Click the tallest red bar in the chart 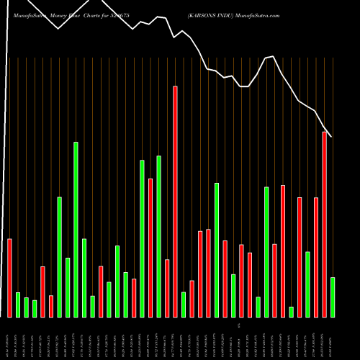pyautogui.click(x=175, y=202)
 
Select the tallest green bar pyautogui.click(x=76, y=230)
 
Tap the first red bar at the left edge pyautogui.click(x=10, y=278)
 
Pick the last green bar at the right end pyautogui.click(x=333, y=297)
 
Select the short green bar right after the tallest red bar pyautogui.click(x=184, y=305)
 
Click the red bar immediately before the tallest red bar pyautogui.click(x=167, y=288)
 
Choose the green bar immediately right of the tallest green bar pyautogui.click(x=84, y=278)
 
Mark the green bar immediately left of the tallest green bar pyautogui.click(x=68, y=287)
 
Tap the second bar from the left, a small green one pyautogui.click(x=18, y=305)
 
